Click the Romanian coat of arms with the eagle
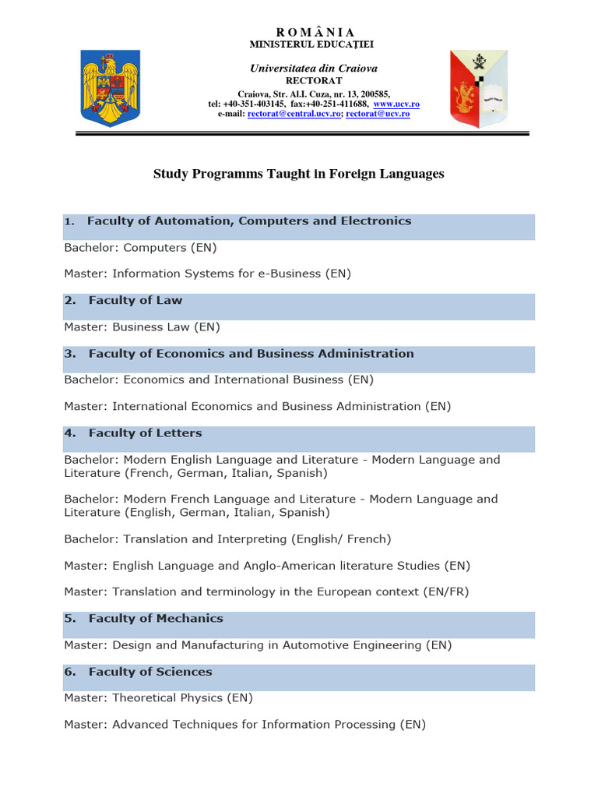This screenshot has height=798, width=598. [x=111, y=87]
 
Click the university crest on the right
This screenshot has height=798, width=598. [x=478, y=87]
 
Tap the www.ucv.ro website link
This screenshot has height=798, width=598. [x=396, y=104]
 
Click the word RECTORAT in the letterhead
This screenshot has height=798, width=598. [x=302, y=80]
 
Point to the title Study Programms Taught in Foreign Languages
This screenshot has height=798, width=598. [x=298, y=174]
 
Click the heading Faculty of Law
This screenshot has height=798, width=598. [x=135, y=301]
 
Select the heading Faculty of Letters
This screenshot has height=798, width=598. [x=145, y=433]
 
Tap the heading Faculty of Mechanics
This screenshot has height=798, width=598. [x=156, y=619]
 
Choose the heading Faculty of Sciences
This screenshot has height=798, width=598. [x=150, y=672]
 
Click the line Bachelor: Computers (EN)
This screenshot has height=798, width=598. [x=140, y=248]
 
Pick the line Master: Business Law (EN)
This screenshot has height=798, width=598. [x=142, y=327]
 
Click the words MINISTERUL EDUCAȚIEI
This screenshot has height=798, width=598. [x=302, y=44]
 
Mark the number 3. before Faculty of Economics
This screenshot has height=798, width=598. [x=70, y=354]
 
